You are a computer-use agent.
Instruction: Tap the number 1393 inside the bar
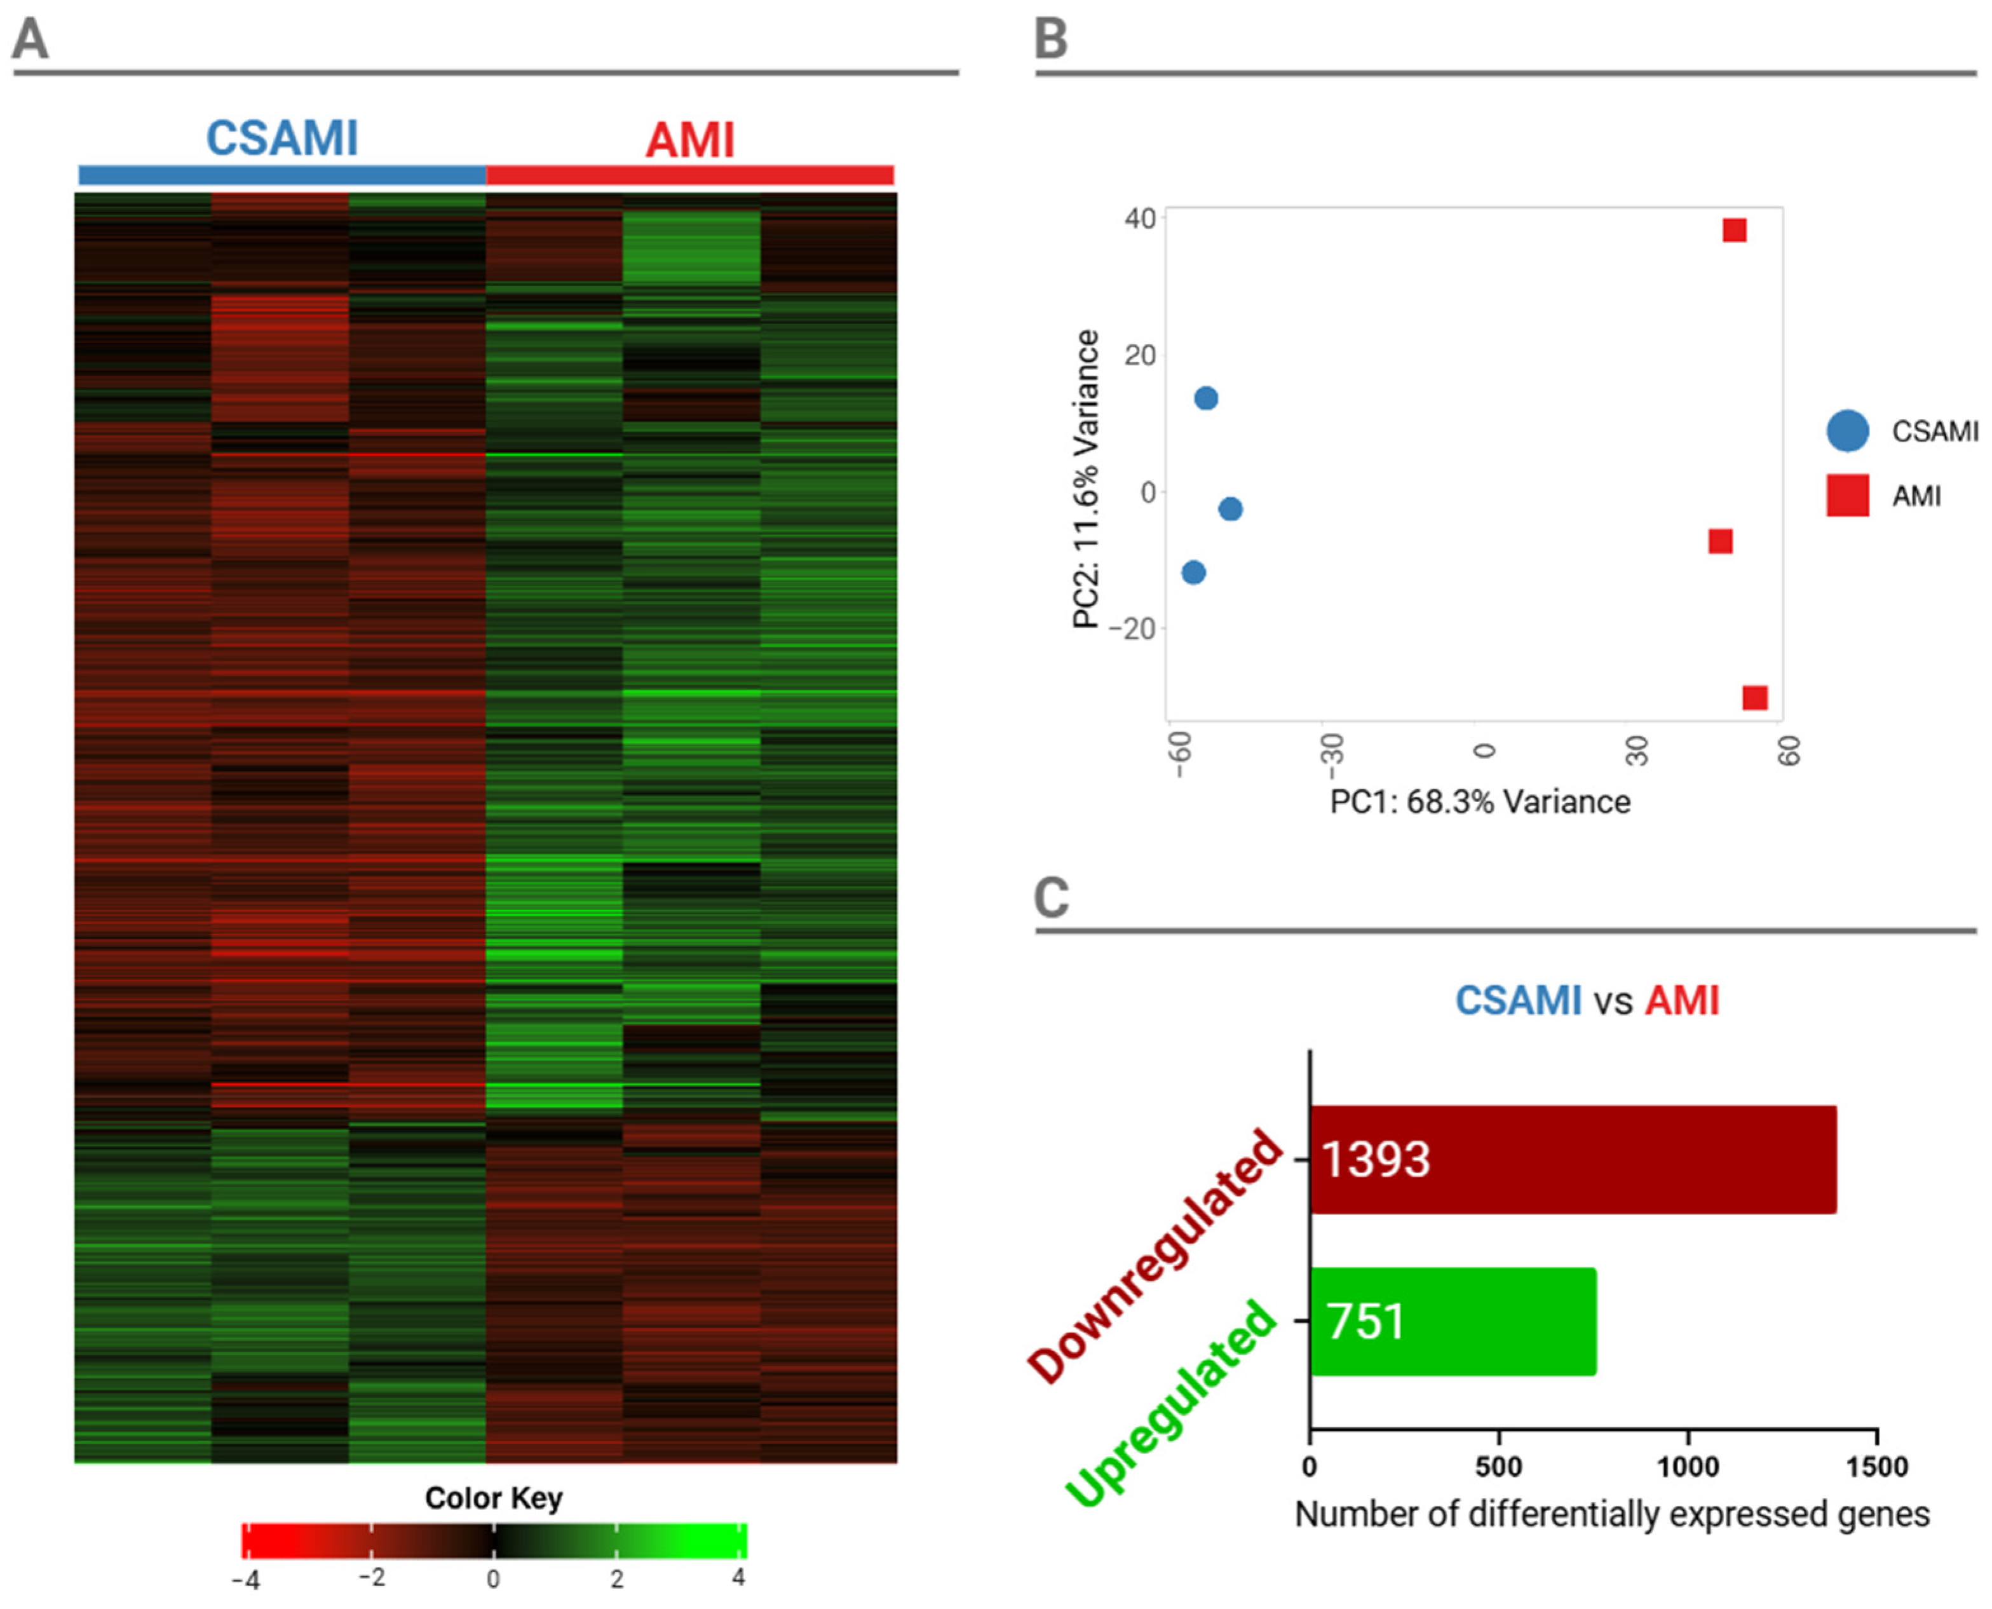tap(1376, 1160)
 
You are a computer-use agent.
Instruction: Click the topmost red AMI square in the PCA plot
tap(1735, 230)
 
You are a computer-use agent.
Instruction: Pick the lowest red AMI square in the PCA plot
tap(1755, 697)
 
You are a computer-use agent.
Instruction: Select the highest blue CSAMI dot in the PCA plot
tap(1205, 398)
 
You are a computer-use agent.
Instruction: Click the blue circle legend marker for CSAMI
tap(1848, 431)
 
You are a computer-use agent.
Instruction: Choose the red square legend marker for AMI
tap(1848, 495)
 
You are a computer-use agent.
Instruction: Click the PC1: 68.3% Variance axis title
tap(1480, 802)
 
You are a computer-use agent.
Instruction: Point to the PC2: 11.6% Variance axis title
tap(1086, 479)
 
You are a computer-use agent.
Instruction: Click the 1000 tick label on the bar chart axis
tap(1688, 1467)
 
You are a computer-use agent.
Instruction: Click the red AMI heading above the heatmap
tap(690, 141)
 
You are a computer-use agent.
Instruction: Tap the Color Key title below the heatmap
tap(494, 1498)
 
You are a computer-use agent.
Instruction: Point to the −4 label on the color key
tap(245, 1579)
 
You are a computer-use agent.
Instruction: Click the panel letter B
tap(1052, 40)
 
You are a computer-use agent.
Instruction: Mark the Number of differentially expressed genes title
tap(1612, 1514)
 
